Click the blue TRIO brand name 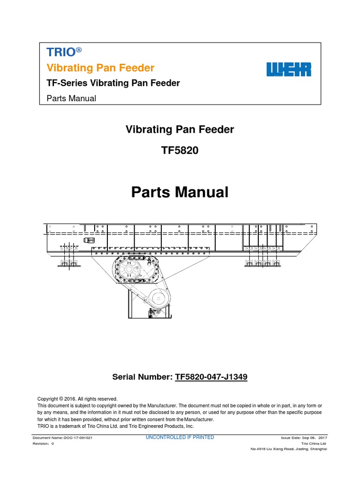(58, 53)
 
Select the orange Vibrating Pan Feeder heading (100, 68)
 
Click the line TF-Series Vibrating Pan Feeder (113, 83)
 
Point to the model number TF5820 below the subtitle (180, 150)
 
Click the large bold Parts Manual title (180, 192)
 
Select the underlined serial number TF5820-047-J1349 (211, 376)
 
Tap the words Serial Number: (142, 376)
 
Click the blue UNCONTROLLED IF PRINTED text (180, 437)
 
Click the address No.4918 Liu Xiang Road (289, 449)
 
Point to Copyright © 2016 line (74, 399)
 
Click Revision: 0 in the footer (43, 443)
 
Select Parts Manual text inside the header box (72, 98)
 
